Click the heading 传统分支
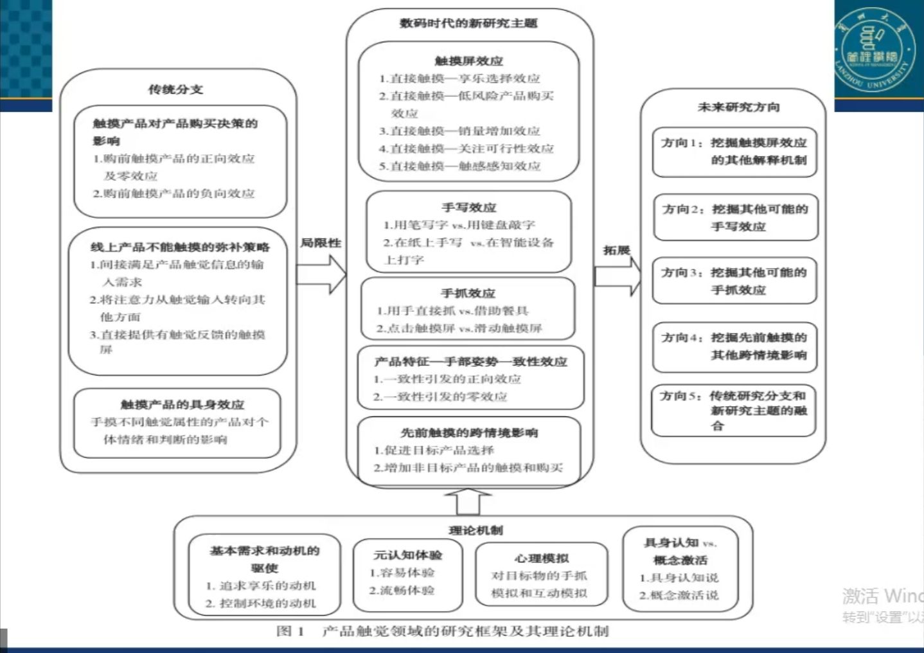pyautogui.click(x=175, y=89)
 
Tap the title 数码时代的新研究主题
pyautogui.click(x=468, y=24)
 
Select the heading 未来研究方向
pyautogui.click(x=738, y=107)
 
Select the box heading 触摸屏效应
pyautogui.click(x=468, y=61)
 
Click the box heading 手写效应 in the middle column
pyautogui.click(x=469, y=208)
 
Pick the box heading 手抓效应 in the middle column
pyautogui.click(x=468, y=293)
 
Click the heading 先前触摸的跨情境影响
pyautogui.click(x=469, y=433)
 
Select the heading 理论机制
pyautogui.click(x=475, y=530)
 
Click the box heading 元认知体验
pyautogui.click(x=407, y=555)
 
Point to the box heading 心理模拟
pyautogui.click(x=541, y=558)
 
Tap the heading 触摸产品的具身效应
pyautogui.click(x=182, y=404)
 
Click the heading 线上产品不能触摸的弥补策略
pyautogui.click(x=180, y=247)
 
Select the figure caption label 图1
pyautogui.click(x=290, y=631)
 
